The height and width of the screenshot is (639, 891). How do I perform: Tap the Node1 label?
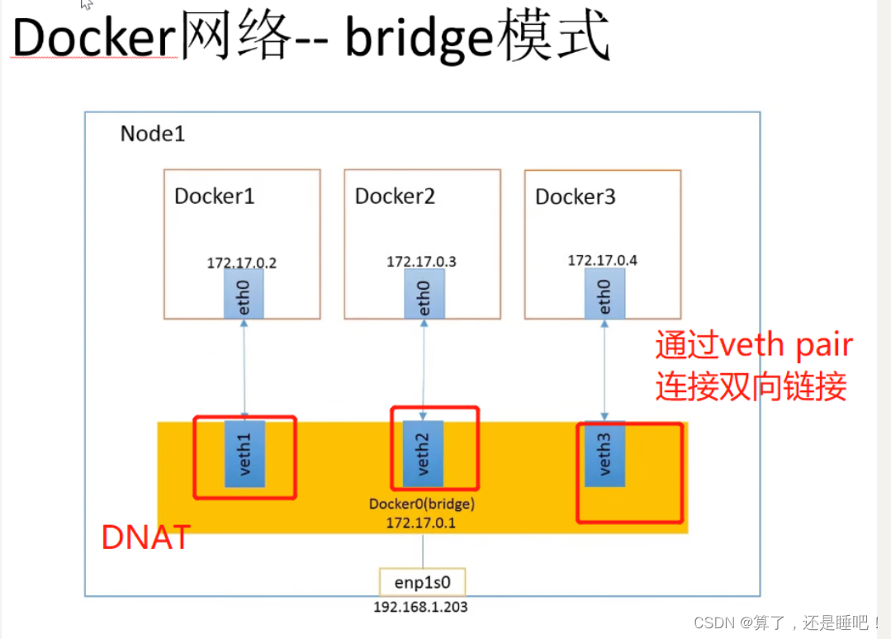tap(153, 134)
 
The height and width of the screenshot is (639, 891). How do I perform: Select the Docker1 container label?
tap(215, 196)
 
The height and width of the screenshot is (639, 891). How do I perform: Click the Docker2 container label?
tap(395, 196)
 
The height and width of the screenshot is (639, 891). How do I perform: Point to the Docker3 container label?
tap(576, 196)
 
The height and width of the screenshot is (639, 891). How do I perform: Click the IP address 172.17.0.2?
tap(242, 263)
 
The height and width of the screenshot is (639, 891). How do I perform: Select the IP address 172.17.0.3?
tap(421, 262)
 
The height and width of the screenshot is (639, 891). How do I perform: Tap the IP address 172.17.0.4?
tap(602, 261)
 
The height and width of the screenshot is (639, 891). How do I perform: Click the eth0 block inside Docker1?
tap(244, 294)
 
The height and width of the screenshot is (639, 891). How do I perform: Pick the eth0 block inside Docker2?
tap(424, 294)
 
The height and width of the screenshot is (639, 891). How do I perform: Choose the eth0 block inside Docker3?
tap(604, 294)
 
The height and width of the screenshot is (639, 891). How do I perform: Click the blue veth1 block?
tap(244, 454)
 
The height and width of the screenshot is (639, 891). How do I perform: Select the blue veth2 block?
tap(424, 454)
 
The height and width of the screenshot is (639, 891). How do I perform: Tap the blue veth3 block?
tap(604, 454)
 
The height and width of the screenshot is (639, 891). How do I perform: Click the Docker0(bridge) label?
tap(422, 504)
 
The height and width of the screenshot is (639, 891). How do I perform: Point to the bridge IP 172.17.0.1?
tap(422, 522)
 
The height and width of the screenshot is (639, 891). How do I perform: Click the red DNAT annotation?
tap(145, 538)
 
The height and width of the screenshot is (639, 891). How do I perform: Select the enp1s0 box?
tap(422, 582)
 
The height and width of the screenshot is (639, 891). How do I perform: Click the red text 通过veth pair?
tap(753, 346)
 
